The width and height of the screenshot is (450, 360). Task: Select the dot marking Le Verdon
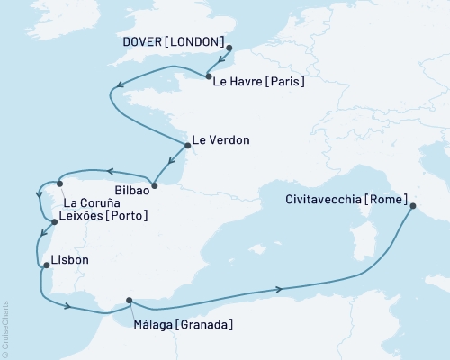(186, 145)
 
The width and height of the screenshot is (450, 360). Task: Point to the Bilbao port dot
(154, 186)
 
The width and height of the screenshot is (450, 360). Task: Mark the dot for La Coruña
(59, 184)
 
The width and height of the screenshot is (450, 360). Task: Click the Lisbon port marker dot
(46, 265)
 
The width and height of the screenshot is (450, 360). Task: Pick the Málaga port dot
(130, 301)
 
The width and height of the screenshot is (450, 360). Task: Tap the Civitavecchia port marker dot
(413, 207)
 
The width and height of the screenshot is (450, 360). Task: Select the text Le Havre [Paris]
(258, 82)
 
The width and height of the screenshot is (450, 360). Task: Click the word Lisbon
(71, 259)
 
